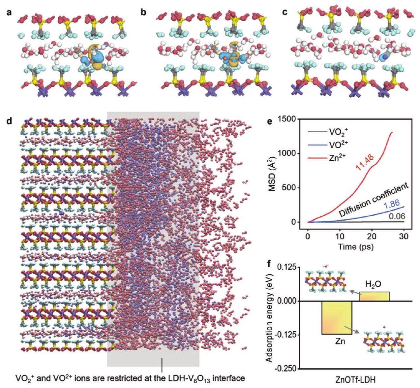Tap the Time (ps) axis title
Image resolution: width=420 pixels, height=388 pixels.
point(355,247)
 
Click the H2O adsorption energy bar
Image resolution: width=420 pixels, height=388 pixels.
point(374,296)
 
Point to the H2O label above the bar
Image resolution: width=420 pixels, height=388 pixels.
point(374,284)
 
